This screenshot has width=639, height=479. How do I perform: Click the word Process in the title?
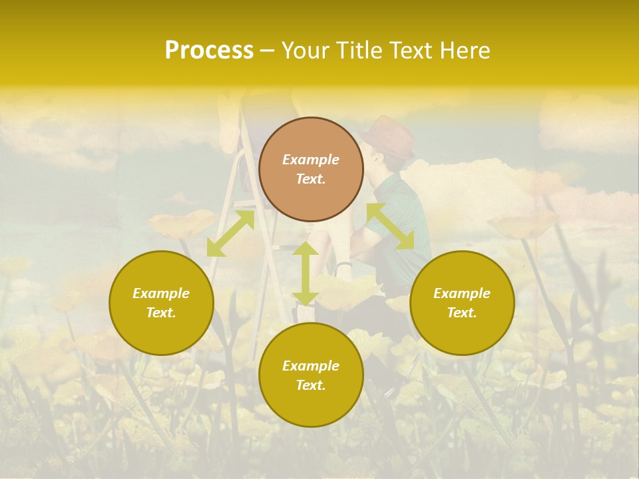click(x=209, y=51)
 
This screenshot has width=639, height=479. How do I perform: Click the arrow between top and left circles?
click(x=230, y=233)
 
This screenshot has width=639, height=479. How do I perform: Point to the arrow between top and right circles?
click(x=390, y=227)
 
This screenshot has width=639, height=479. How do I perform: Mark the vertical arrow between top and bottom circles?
click(x=305, y=273)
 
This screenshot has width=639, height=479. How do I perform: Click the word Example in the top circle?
click(x=311, y=160)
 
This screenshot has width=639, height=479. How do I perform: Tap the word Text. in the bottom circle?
click(x=311, y=385)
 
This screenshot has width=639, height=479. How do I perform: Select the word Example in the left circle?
click(x=161, y=293)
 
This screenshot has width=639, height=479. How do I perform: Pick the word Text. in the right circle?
click(x=462, y=313)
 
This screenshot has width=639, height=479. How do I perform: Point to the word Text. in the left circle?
click(x=161, y=313)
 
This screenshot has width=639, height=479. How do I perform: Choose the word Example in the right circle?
click(x=462, y=293)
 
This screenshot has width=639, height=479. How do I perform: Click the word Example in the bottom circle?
click(x=311, y=366)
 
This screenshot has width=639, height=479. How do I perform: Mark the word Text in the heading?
click(x=411, y=51)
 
